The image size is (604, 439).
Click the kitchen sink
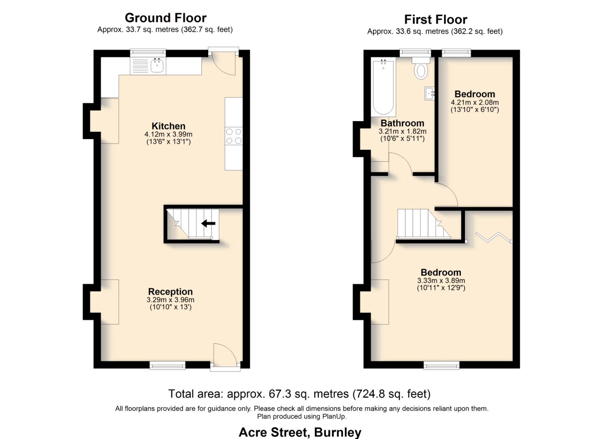click(157, 65)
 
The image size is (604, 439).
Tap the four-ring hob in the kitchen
click(233, 136)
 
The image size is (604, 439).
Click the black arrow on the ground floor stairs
click(208, 223)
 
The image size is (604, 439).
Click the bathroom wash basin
click(430, 93)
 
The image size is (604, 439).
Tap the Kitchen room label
click(168, 126)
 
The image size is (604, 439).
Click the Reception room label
click(170, 291)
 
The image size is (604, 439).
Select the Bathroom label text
click(402, 123)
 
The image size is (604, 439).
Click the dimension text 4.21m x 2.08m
click(475, 102)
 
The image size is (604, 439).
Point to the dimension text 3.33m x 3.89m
click(441, 280)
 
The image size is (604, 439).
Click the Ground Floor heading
click(166, 18)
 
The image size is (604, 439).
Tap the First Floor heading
click(435, 20)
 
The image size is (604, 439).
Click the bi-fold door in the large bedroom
click(493, 237)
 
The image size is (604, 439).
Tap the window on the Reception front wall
click(167, 365)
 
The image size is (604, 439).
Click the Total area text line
click(299, 394)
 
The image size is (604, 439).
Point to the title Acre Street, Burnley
click(300, 432)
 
